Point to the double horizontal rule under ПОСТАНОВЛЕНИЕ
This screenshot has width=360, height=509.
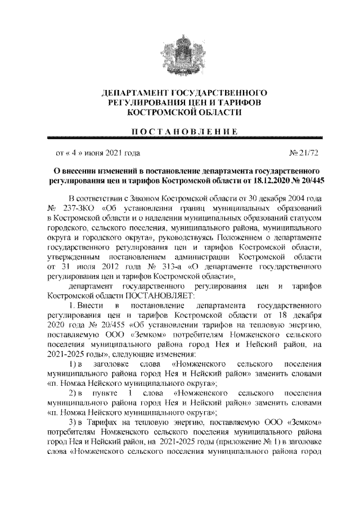[x=179, y=138]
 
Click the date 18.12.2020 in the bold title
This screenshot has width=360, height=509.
[x=265, y=181]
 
